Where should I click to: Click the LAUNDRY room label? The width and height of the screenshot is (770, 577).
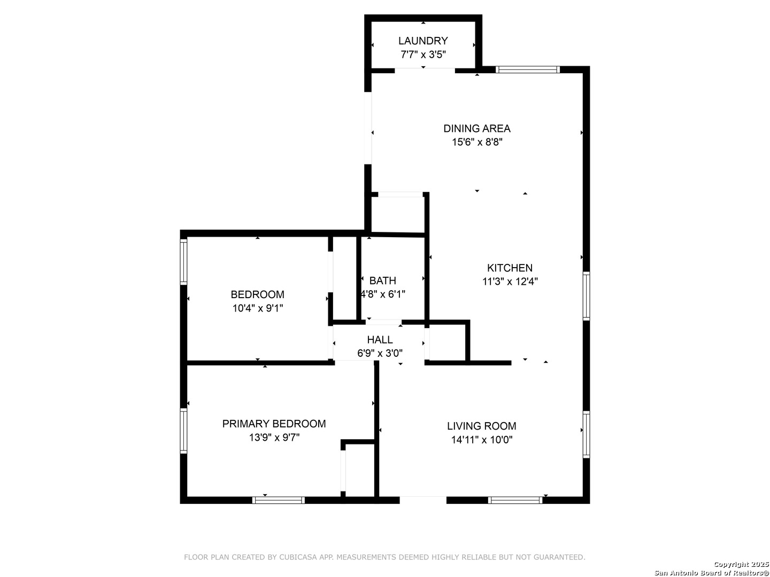click(x=423, y=41)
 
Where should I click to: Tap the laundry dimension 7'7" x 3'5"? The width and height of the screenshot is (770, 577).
click(x=423, y=54)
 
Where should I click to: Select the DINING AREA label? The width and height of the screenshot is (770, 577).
click(x=477, y=129)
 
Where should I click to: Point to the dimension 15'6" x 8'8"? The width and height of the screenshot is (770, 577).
click(x=477, y=142)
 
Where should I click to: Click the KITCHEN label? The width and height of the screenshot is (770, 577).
click(x=510, y=268)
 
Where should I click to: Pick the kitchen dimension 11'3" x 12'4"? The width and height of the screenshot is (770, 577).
click(x=510, y=282)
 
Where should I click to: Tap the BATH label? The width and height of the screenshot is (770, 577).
click(x=382, y=280)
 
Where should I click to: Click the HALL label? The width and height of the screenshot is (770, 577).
click(x=380, y=339)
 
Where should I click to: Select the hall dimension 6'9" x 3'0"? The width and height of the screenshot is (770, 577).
click(x=380, y=353)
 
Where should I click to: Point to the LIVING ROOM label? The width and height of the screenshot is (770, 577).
click(x=481, y=426)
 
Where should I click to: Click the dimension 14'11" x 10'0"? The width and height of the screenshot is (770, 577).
click(x=482, y=440)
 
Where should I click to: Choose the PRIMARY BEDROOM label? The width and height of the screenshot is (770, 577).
click(x=274, y=424)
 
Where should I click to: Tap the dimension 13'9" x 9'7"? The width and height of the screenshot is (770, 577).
click(x=274, y=438)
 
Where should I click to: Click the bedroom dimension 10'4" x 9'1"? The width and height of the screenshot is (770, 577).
click(x=258, y=308)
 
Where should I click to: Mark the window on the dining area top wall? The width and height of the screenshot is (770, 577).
click(x=527, y=69)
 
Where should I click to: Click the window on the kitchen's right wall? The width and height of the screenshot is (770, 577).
click(x=586, y=296)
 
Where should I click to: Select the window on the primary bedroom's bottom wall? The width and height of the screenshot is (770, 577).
click(x=278, y=500)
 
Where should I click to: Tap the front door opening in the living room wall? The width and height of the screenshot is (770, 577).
click(x=423, y=500)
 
